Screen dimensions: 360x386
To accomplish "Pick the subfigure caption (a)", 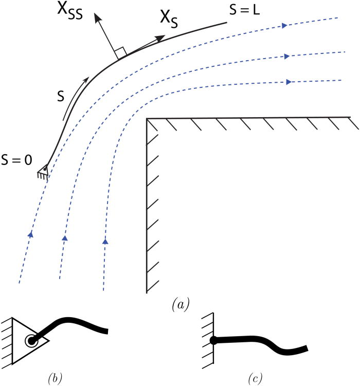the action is coord(181,304).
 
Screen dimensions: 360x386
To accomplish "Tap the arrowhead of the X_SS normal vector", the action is coord(96,19).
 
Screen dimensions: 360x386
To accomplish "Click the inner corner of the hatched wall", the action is coord(148,119).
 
